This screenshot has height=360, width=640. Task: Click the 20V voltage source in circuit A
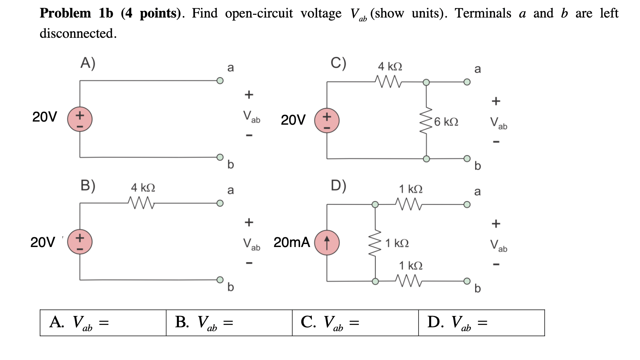coord(80,119)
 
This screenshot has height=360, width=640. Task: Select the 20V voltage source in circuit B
coord(80,242)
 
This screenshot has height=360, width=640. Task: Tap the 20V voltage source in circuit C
coord(327,120)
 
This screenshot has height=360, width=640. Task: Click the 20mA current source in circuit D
coord(327,243)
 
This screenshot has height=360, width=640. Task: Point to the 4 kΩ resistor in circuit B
coord(141,203)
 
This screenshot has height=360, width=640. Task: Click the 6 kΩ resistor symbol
coord(426,120)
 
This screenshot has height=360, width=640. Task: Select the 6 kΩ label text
coord(446,122)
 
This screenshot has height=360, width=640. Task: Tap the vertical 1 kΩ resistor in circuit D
coord(375,243)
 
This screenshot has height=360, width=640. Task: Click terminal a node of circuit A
coord(220,81)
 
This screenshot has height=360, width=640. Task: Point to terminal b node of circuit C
coord(467,158)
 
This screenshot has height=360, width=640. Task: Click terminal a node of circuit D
coord(467,205)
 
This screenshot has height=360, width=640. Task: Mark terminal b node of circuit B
coord(220,279)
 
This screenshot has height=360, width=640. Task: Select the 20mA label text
coord(292,242)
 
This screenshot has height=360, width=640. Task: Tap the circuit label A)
coord(88,63)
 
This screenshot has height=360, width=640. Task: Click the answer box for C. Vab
coord(355,323)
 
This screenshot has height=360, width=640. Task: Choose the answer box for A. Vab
coord(103,323)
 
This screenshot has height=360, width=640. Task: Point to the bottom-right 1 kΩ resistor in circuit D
coord(408,281)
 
